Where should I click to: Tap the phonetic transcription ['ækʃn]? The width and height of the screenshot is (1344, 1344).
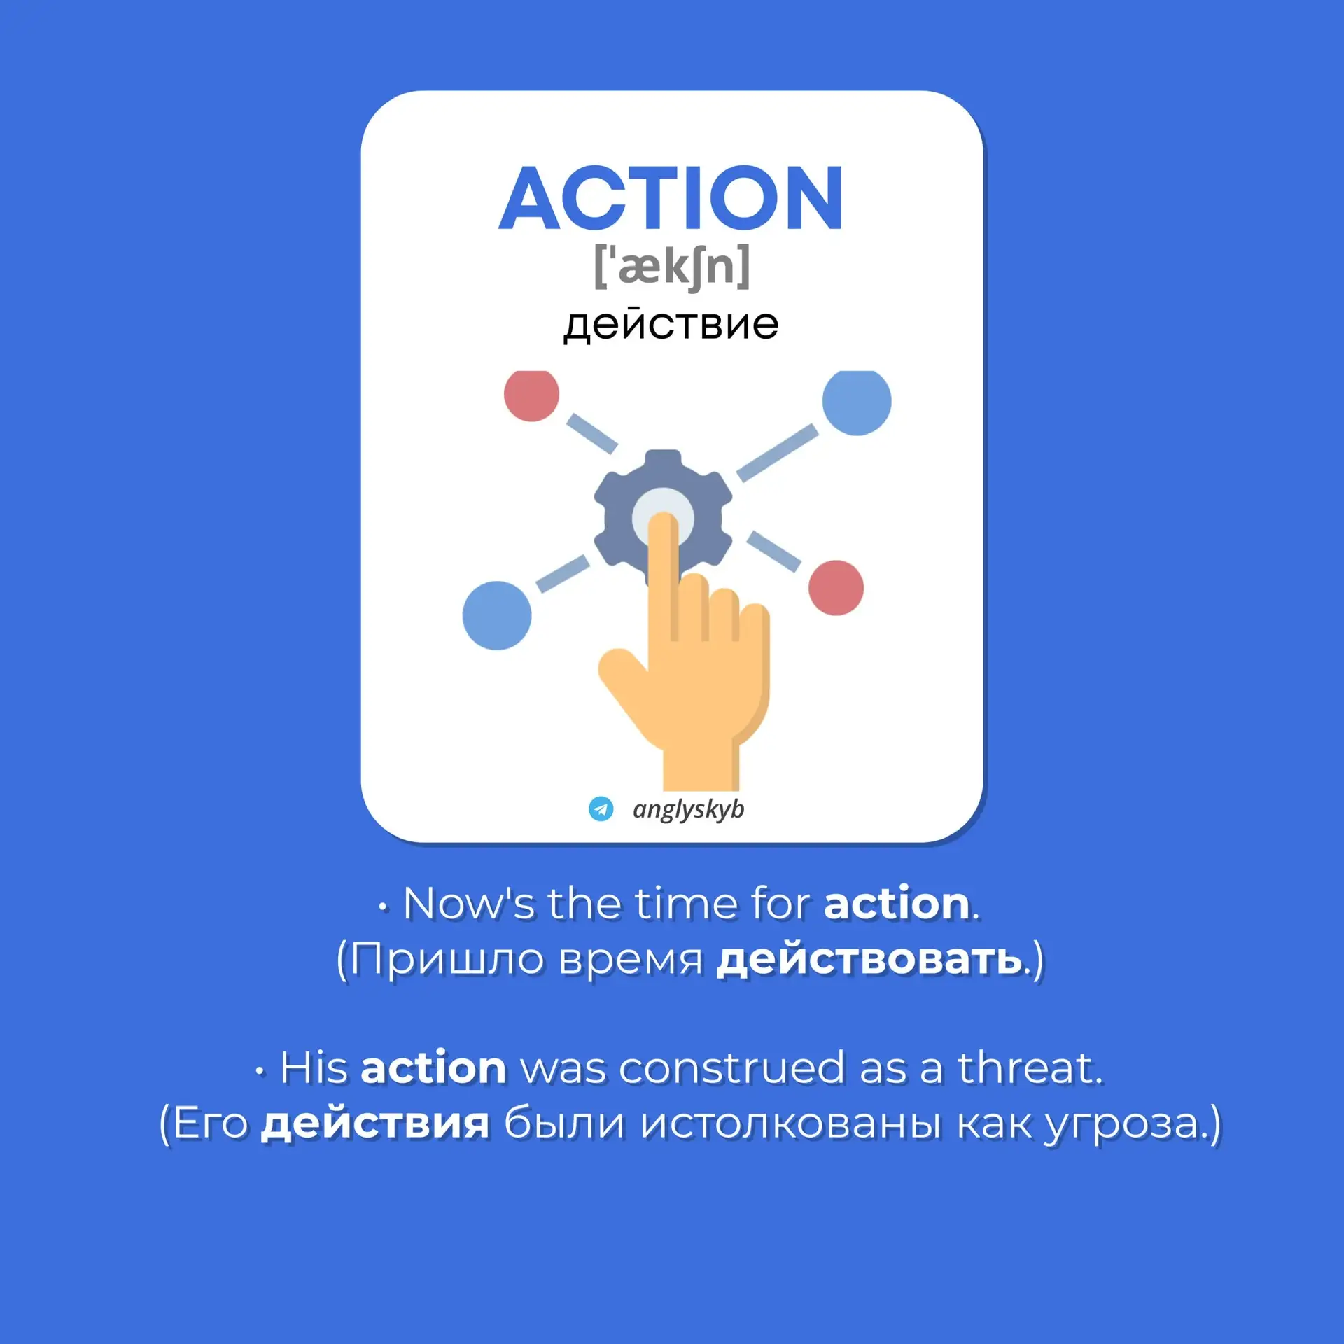pyautogui.click(x=671, y=266)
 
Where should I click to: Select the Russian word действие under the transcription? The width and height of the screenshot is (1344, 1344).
pyautogui.click(x=671, y=325)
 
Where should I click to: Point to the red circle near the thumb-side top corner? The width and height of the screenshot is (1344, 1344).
pyautogui.click(x=531, y=395)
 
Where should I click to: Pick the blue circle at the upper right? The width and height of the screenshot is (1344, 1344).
pyautogui.click(x=857, y=402)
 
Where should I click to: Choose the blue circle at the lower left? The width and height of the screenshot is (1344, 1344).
pyautogui.click(x=497, y=615)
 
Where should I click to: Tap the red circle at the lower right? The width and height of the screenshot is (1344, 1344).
pyautogui.click(x=836, y=588)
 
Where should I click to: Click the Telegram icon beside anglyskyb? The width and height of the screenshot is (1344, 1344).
pyautogui.click(x=601, y=808)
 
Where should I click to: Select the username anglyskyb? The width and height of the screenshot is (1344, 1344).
pyautogui.click(x=688, y=809)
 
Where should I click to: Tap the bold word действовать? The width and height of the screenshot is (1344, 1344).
pyautogui.click(x=869, y=959)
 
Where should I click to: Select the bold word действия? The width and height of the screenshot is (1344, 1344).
pyautogui.click(x=375, y=1123)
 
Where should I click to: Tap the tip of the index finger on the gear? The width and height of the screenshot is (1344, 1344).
pyautogui.click(x=663, y=518)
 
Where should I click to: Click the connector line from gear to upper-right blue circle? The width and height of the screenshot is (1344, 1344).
pyautogui.click(x=777, y=452)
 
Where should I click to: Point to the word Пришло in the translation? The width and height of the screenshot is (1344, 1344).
pyautogui.click(x=447, y=960)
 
